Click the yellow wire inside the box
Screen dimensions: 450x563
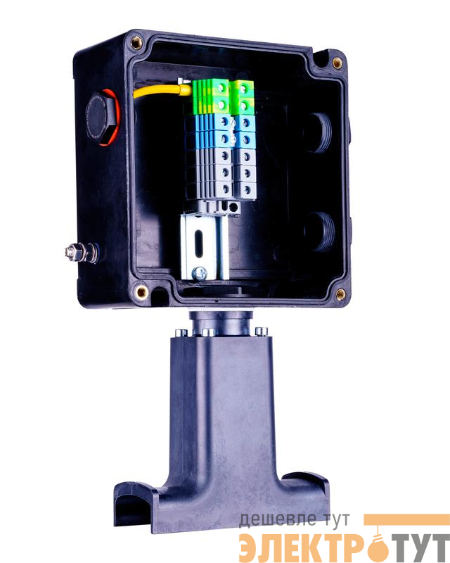pos(162,91)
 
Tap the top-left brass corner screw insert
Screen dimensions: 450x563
pos(136,43)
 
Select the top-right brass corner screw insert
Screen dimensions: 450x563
pos(337,63)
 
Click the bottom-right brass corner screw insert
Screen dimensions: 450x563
pos(340,295)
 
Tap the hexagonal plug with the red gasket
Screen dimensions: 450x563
pos(102,118)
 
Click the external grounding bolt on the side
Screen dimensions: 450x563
pos(82,252)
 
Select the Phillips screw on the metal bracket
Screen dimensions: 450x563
pos(200,274)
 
